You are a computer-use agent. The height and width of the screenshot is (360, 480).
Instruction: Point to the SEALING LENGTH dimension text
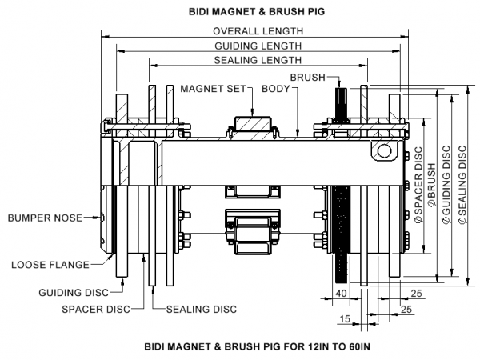click(258, 60)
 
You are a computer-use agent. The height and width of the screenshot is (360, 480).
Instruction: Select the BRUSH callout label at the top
click(307, 77)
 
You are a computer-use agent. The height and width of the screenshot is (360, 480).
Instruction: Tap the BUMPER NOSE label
click(43, 217)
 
